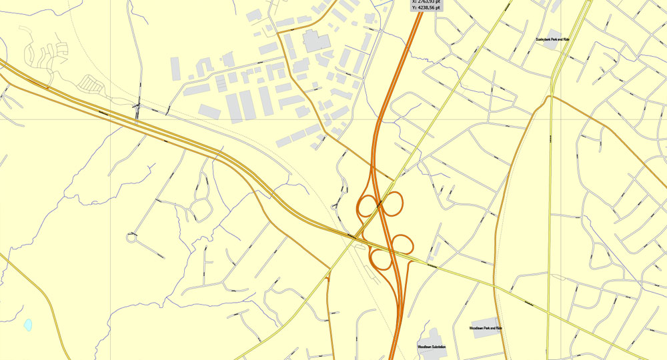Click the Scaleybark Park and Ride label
552,40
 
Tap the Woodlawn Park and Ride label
485,329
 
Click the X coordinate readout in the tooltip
428,2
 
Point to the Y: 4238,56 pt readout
428,9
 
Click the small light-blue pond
28,325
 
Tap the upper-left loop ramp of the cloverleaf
366,204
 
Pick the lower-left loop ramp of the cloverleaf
380,259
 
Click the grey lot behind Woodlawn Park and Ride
486,327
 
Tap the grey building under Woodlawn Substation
432,337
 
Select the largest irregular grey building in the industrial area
316,41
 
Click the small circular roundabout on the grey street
132,237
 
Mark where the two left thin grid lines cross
111,120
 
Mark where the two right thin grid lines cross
560,120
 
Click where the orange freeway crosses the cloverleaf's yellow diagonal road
379,205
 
